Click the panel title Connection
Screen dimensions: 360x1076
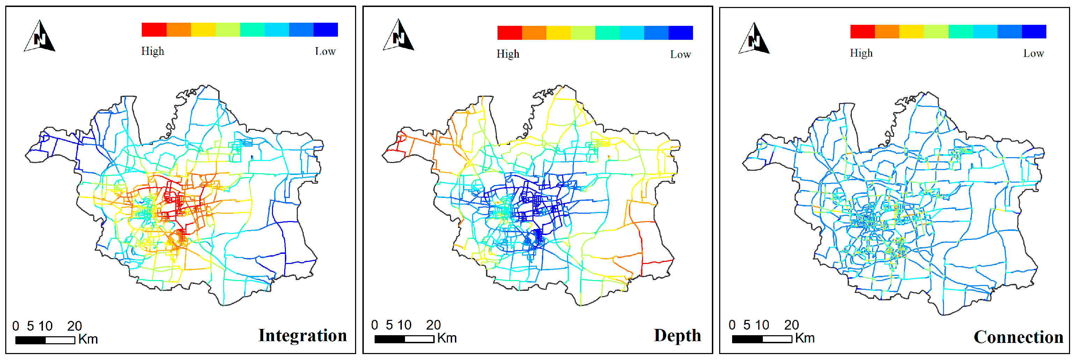point(1018,337)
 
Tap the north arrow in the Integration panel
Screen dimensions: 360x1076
point(40,37)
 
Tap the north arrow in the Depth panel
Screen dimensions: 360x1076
point(398,36)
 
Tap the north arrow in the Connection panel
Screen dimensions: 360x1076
point(754,39)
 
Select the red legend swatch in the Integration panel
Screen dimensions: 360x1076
point(154,30)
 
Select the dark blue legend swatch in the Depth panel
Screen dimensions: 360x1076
point(680,32)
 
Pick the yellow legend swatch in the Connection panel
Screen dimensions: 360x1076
point(912,31)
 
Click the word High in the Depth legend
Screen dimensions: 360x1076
point(508,54)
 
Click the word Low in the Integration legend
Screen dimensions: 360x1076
point(325,51)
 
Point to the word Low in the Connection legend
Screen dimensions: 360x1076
point(1033,53)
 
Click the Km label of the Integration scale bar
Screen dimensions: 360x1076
point(88,339)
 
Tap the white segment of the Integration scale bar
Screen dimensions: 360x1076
point(60,340)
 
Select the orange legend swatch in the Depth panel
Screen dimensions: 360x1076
point(534,32)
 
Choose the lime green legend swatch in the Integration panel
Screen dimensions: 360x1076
point(228,30)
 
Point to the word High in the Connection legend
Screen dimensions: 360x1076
point(861,53)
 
